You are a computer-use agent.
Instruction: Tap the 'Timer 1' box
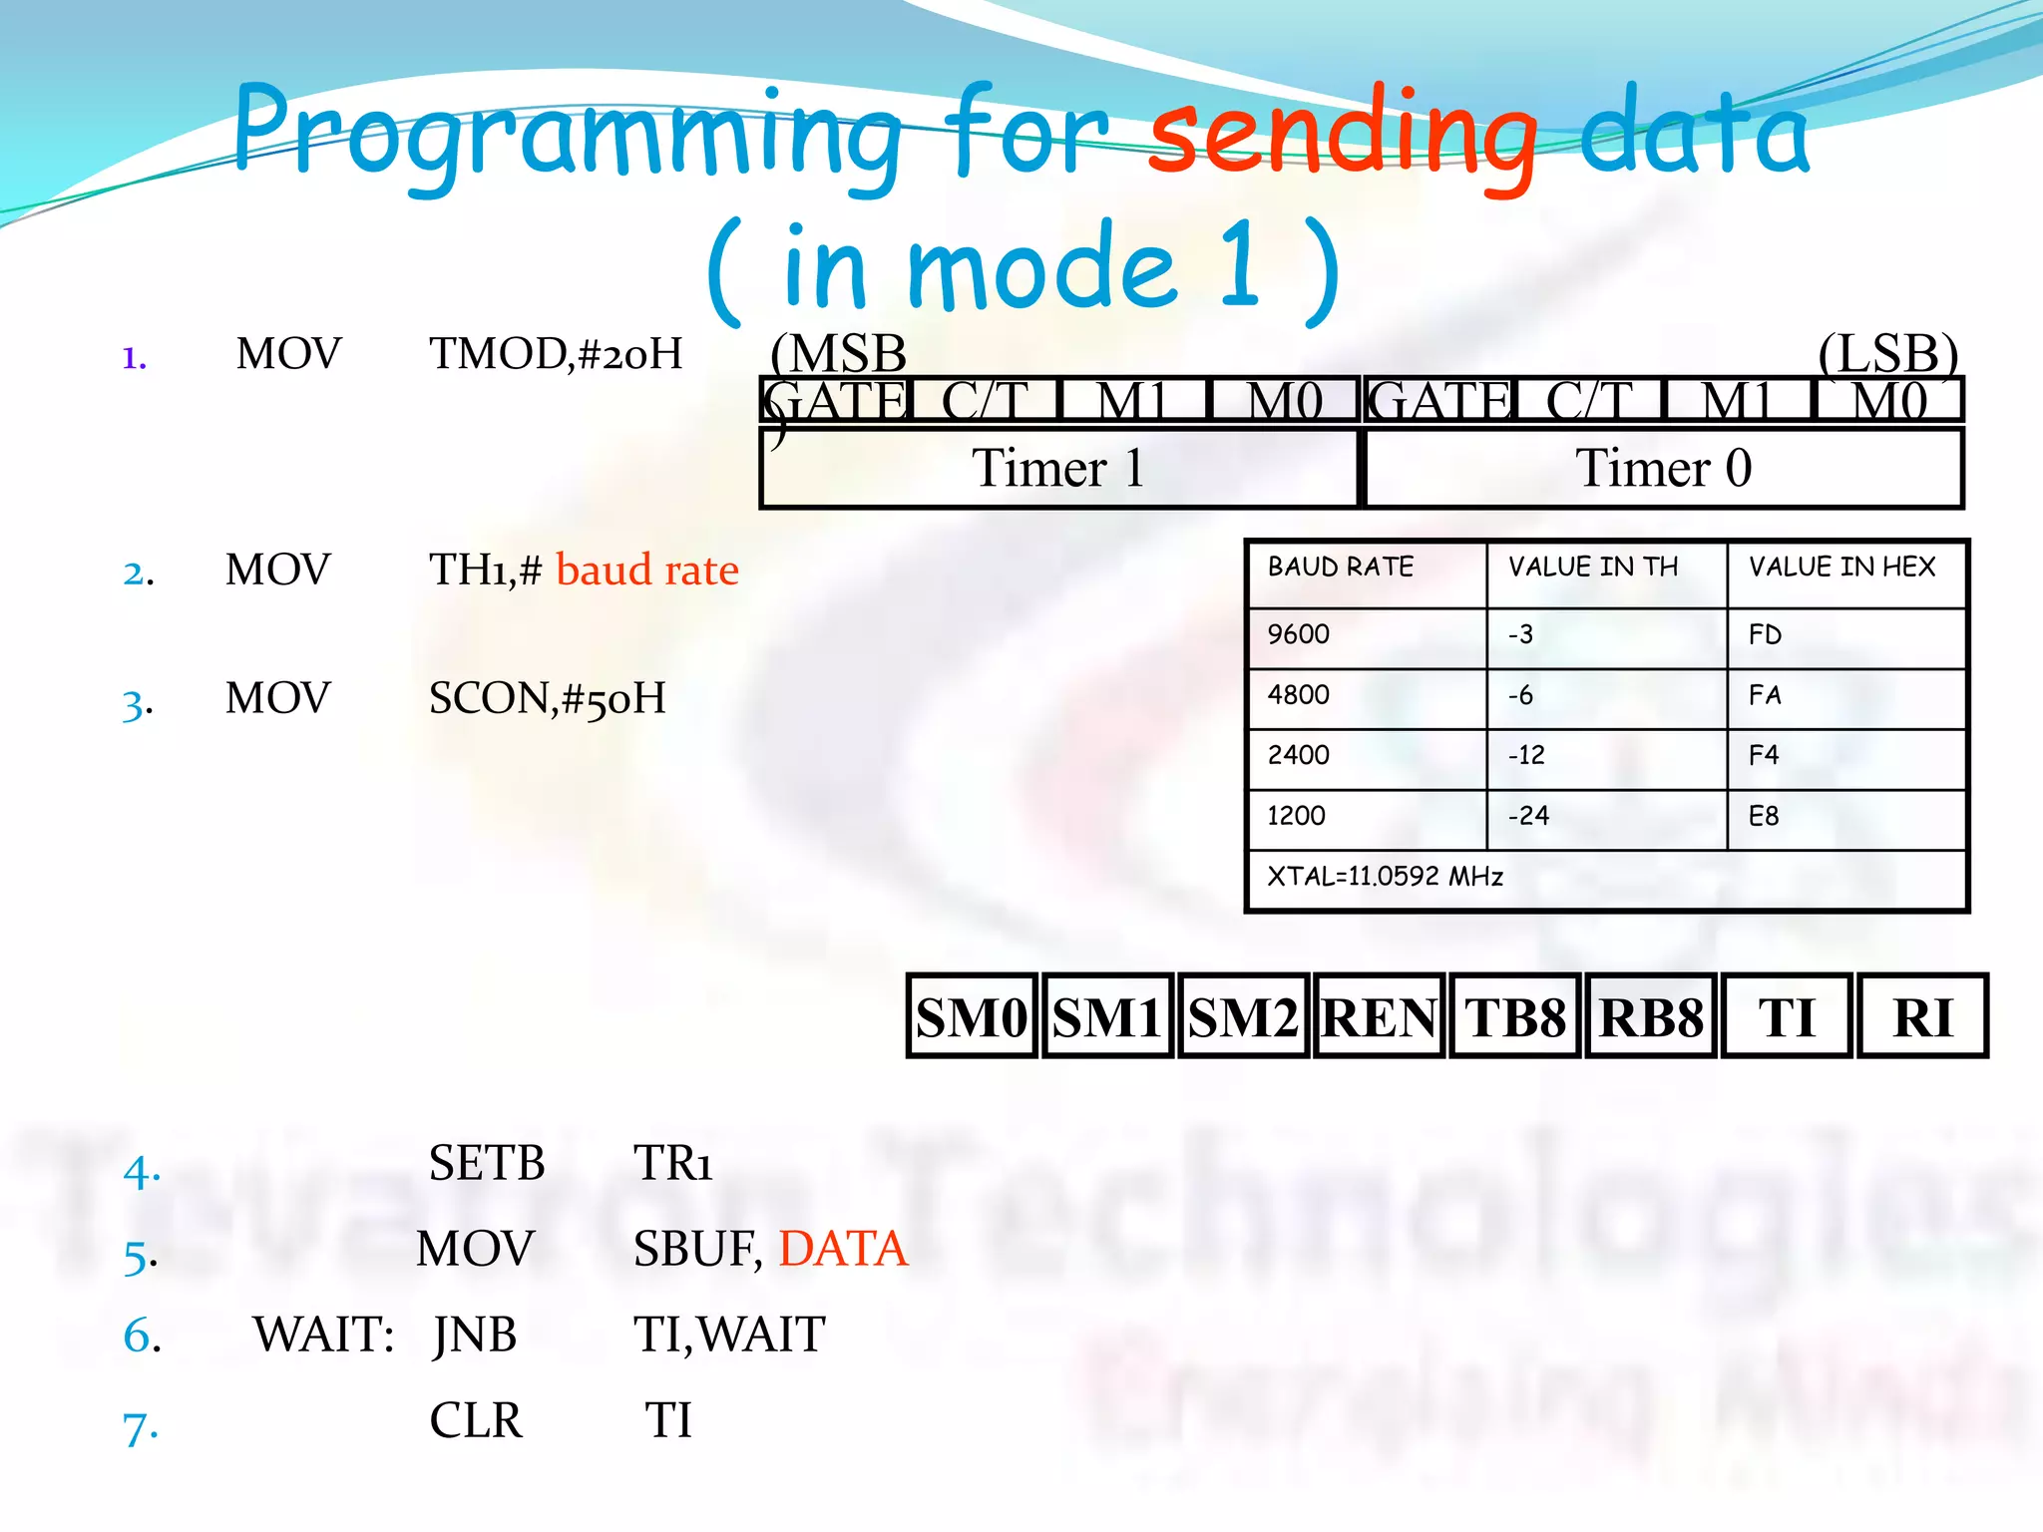pos(1058,468)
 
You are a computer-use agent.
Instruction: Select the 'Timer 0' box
pos(1663,468)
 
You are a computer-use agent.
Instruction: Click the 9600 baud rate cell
pos(1366,635)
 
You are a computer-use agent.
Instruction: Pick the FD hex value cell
pos(1845,635)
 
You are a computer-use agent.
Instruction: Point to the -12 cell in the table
pos(1605,756)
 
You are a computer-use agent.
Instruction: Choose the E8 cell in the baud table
pos(1845,817)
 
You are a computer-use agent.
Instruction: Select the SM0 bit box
pos(972,1016)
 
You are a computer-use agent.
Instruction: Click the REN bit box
pos(1379,1016)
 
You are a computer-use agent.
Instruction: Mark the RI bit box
pos(1922,1016)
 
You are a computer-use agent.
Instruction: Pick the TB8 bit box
pos(1514,1016)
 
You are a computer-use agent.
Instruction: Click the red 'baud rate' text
pos(646,571)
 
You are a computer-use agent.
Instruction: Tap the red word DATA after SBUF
pos(843,1249)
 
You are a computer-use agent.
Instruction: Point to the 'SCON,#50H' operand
pos(547,698)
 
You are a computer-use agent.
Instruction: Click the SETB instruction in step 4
pos(487,1163)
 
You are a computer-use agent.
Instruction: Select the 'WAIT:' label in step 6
pos(323,1335)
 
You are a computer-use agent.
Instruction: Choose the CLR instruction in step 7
pos(476,1420)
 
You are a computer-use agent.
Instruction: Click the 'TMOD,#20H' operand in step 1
pos(556,354)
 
